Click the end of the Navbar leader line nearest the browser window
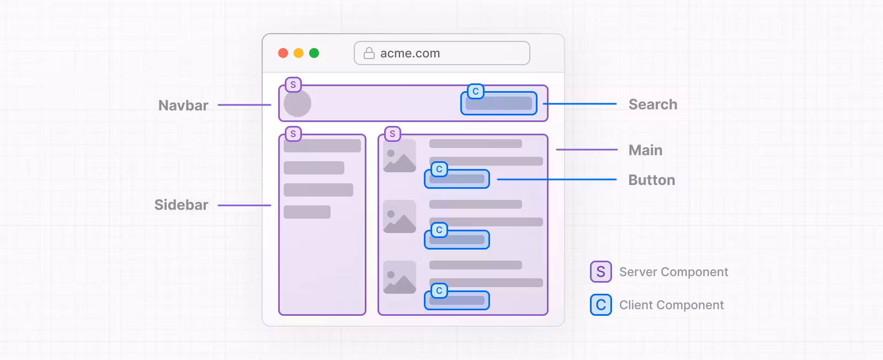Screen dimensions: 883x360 pyautogui.click(x=271, y=105)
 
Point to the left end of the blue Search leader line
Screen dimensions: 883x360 pyautogui.click(x=543, y=104)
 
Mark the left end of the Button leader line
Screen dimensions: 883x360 pyautogui.click(x=497, y=179)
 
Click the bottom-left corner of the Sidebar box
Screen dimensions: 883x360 pyautogui.click(x=279, y=315)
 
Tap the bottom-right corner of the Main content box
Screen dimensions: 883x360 pyautogui.click(x=548, y=315)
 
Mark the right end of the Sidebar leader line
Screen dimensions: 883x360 pyautogui.click(x=271, y=205)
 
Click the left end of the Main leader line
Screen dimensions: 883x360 pyautogui.click(x=556, y=150)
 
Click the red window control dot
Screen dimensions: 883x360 pyautogui.click(x=283, y=53)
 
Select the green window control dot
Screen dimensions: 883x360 pyautogui.click(x=314, y=53)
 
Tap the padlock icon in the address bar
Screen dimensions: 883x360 pyautogui.click(x=369, y=53)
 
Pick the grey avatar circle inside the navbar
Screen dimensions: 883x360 pyautogui.click(x=297, y=104)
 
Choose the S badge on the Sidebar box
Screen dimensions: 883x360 pyautogui.click(x=293, y=134)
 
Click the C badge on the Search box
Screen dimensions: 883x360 pyautogui.click(x=476, y=92)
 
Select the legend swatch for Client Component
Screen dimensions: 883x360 pyautogui.click(x=601, y=305)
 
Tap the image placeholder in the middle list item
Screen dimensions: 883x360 pyautogui.click(x=400, y=216)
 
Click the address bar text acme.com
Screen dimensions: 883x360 pyautogui.click(x=410, y=53)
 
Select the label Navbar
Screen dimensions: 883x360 pyautogui.click(x=183, y=105)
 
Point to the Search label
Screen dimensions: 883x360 pyautogui.click(x=653, y=104)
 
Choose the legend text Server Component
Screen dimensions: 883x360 pyautogui.click(x=674, y=272)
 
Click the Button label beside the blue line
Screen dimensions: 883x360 pyautogui.click(x=652, y=180)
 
